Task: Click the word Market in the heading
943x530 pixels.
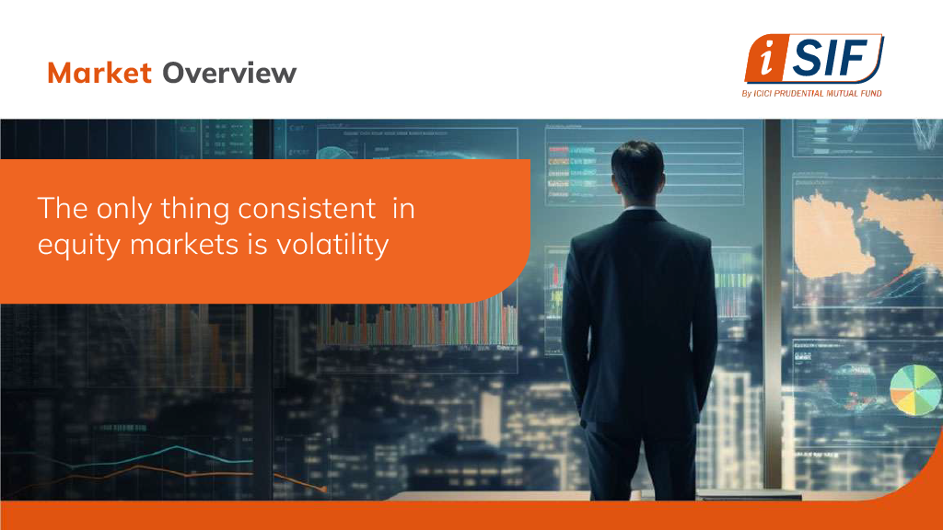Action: coord(99,73)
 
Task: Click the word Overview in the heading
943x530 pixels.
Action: coord(229,73)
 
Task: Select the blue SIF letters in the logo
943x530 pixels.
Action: coord(828,58)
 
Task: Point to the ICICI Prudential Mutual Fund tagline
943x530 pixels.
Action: coord(812,93)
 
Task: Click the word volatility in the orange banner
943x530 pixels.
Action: coord(332,245)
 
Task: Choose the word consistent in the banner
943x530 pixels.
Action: coord(308,209)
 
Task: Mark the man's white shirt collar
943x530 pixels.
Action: coord(639,208)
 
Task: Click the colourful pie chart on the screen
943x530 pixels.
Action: coord(915,390)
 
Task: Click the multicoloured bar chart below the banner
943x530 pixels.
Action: coord(417,325)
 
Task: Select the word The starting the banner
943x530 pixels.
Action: coord(63,209)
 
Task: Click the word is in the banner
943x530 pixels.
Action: coord(257,245)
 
